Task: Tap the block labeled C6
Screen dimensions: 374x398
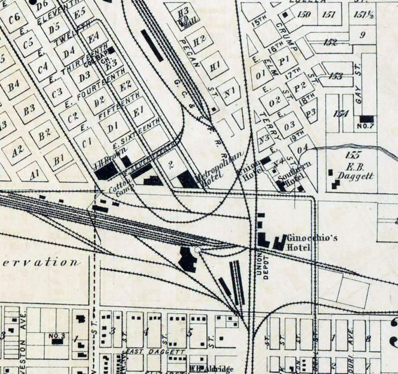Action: pos(14,18)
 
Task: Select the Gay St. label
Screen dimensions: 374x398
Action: pos(359,85)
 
